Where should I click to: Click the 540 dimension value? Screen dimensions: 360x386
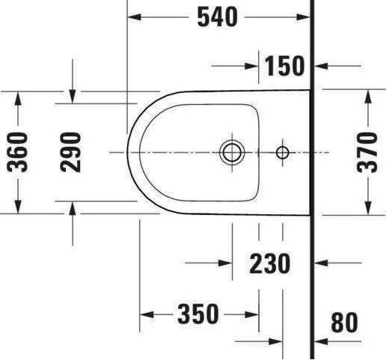click(x=218, y=16)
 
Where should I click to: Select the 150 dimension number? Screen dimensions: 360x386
click(x=284, y=66)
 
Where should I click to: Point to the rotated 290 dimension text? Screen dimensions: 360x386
click(x=71, y=152)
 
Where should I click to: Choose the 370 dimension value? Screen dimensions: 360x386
click(x=367, y=152)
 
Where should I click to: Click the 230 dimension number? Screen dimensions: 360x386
click(x=269, y=263)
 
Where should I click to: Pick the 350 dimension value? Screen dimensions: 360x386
click(x=198, y=314)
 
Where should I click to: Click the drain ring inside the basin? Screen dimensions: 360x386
click(x=230, y=152)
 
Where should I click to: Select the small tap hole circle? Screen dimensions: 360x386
click(x=282, y=153)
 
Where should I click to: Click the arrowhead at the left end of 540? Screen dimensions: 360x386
click(x=133, y=16)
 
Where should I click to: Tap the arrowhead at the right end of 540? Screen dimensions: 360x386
click(x=304, y=16)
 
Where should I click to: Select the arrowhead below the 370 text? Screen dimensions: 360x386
click(x=367, y=208)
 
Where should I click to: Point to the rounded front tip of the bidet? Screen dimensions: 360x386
click(x=129, y=152)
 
